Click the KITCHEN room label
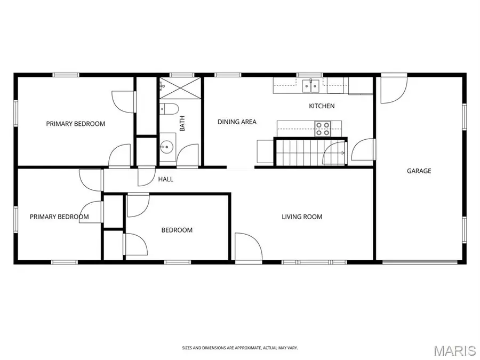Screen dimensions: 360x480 click(x=322, y=106)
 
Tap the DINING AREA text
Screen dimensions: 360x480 click(x=237, y=122)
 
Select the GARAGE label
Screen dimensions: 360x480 click(x=419, y=171)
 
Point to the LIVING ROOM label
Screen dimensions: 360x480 click(x=302, y=217)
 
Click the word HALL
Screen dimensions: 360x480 click(x=165, y=179)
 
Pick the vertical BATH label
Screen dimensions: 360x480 click(x=182, y=125)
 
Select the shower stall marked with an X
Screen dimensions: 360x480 click(x=180, y=87)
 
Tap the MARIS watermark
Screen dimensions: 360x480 click(x=454, y=350)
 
